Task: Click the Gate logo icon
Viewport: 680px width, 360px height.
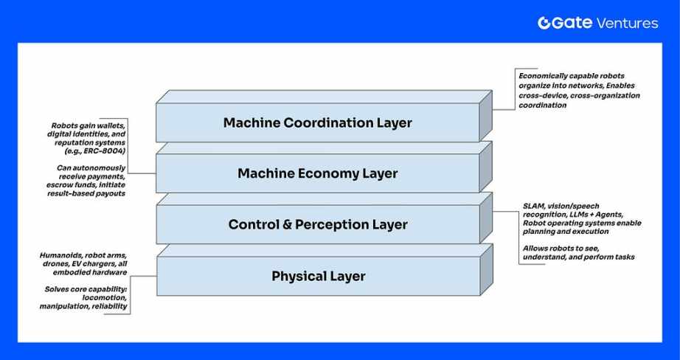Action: (544, 23)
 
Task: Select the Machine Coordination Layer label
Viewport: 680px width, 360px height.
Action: (317, 122)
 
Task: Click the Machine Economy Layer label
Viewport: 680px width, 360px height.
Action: (317, 173)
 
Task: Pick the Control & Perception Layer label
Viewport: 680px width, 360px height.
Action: (317, 224)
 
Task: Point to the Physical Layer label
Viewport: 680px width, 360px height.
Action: (318, 276)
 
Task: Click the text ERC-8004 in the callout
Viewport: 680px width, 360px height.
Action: (108, 150)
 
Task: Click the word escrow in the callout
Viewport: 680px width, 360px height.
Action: (63, 186)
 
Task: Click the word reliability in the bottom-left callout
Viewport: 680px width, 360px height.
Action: (109, 305)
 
